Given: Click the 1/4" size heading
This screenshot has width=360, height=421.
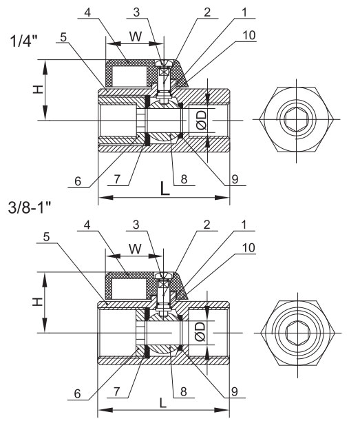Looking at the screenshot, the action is click(23, 41).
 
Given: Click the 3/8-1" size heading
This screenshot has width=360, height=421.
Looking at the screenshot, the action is click(30, 207).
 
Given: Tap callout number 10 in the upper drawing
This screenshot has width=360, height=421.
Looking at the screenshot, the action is click(249, 35).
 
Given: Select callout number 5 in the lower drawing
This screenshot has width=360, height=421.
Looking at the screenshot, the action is click(47, 237).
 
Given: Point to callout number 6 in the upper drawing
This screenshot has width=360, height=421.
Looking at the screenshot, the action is click(78, 181).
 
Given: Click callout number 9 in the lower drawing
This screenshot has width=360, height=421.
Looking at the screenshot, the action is click(235, 392).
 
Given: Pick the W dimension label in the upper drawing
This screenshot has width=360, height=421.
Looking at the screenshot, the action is click(136, 37).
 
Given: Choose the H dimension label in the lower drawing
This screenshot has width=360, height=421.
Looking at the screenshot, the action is click(38, 302).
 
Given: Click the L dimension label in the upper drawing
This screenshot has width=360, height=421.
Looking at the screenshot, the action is click(165, 188).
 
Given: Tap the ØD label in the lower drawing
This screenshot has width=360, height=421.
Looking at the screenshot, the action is click(200, 331).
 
